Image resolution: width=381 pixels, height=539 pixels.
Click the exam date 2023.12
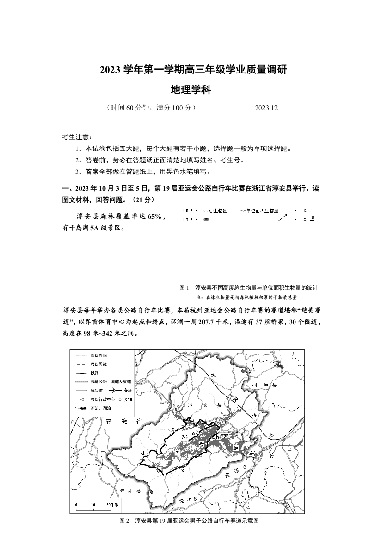tap(267, 108)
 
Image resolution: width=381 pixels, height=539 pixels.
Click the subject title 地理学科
tap(191, 90)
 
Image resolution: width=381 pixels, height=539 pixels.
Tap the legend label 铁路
tap(95, 373)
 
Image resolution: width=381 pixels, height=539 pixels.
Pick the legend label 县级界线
tap(99, 365)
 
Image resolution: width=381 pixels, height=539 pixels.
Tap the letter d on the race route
tap(143, 453)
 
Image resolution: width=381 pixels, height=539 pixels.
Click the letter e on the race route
tap(172, 429)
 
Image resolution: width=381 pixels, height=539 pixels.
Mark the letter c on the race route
tap(184, 470)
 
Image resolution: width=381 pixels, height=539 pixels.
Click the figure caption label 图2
tap(124, 521)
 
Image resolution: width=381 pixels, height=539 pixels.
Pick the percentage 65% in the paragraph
tap(156, 217)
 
